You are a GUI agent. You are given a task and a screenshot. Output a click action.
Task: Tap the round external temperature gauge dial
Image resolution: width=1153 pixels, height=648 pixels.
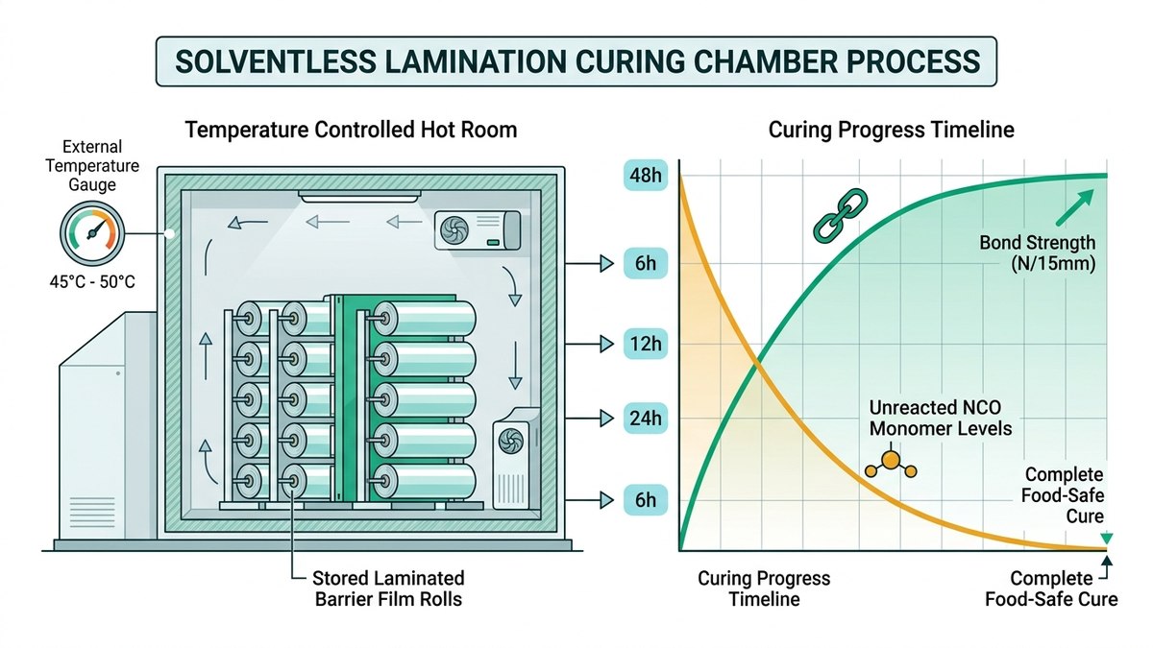click(92, 233)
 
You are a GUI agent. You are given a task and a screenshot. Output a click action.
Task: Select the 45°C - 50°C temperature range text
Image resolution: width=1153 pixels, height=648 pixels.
click(92, 282)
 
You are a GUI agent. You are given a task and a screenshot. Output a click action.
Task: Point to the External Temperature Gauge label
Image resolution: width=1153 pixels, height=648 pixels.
click(92, 165)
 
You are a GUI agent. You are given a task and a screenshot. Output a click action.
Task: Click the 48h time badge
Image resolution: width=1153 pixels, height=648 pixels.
click(646, 176)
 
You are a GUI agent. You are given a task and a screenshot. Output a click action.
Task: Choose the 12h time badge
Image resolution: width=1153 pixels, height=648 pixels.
click(646, 344)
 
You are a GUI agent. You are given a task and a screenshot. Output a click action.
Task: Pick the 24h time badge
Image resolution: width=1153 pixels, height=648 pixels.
click(646, 419)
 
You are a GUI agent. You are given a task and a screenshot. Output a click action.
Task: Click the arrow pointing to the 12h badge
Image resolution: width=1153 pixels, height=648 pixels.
click(589, 344)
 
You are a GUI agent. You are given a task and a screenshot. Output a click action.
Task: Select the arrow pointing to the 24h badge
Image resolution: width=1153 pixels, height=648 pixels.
click(589, 419)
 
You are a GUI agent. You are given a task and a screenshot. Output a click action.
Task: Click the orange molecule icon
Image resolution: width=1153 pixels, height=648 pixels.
click(891, 464)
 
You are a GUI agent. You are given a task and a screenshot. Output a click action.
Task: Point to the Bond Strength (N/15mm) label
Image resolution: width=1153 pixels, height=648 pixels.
click(1037, 253)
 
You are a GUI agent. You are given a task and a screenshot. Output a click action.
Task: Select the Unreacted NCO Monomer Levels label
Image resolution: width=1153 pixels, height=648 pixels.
click(940, 419)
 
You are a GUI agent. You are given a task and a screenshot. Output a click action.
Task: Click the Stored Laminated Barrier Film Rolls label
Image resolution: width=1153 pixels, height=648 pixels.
click(388, 588)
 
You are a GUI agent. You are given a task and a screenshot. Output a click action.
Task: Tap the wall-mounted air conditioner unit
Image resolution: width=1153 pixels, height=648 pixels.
click(478, 230)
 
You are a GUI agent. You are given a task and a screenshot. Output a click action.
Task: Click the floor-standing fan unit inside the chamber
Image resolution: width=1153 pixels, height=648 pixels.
click(516, 459)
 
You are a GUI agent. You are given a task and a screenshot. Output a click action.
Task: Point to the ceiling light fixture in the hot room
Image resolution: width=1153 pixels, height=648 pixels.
click(359, 197)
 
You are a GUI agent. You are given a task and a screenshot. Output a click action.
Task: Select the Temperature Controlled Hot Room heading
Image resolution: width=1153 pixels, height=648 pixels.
click(351, 130)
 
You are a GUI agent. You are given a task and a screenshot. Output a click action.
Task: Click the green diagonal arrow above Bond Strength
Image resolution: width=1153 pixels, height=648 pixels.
click(1075, 207)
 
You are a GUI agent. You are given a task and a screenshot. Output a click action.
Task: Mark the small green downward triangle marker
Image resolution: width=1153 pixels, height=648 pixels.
click(1107, 539)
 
